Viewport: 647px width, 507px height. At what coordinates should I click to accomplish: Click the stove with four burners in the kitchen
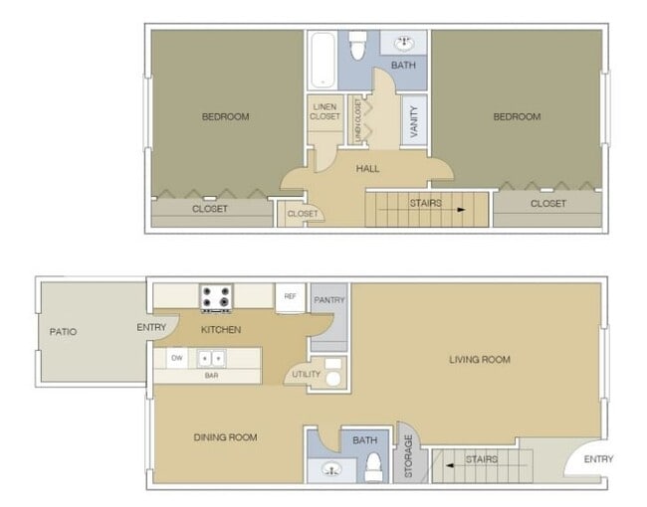pyautogui.click(x=216, y=296)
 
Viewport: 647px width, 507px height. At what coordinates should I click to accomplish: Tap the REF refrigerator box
pyautogui.click(x=290, y=296)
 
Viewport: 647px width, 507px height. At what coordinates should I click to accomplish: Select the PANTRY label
pyautogui.click(x=328, y=299)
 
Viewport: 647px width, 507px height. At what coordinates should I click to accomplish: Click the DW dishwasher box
pyautogui.click(x=177, y=358)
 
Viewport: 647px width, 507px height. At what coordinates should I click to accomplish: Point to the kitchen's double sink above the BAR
pyautogui.click(x=211, y=358)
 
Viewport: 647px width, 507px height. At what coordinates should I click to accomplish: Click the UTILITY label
pyautogui.click(x=304, y=374)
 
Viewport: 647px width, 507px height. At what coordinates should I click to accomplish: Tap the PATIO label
pyautogui.click(x=62, y=331)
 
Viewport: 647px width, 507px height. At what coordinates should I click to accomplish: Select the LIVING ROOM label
pyautogui.click(x=479, y=359)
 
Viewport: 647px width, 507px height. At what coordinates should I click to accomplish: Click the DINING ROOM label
pyautogui.click(x=225, y=436)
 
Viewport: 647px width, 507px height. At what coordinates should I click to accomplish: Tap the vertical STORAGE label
pyautogui.click(x=408, y=457)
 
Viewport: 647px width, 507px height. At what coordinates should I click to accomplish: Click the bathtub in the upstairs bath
pyautogui.click(x=322, y=58)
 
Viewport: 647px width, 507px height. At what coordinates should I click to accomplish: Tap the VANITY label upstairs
pyautogui.click(x=414, y=121)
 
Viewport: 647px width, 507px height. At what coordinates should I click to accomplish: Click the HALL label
pyautogui.click(x=367, y=169)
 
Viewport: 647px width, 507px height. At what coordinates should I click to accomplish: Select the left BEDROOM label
pyautogui.click(x=225, y=116)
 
